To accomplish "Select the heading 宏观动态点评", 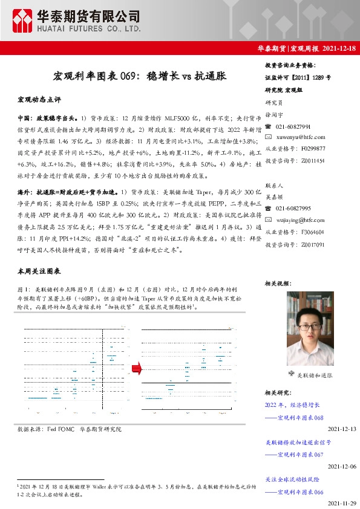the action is pyautogui.click(x=39, y=98).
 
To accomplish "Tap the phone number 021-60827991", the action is pyautogui.click(x=293, y=126).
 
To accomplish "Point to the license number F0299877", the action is pyautogui.click(x=312, y=148).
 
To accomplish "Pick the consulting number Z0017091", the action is pyautogui.click(x=312, y=245).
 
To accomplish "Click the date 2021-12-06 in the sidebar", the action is pyautogui.click(x=342, y=466).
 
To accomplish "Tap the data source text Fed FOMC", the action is pyautogui.click(x=61, y=429).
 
